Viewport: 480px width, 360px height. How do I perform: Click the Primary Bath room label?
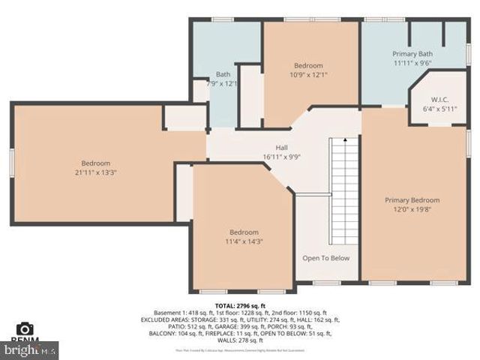click(x=413, y=54)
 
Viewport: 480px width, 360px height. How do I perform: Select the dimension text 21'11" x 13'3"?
click(x=96, y=172)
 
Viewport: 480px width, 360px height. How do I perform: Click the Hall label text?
click(x=281, y=147)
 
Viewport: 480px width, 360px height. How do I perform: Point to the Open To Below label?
click(x=325, y=258)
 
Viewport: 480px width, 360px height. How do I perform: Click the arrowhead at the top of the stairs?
click(x=344, y=139)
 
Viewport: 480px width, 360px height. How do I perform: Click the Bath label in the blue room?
click(x=223, y=74)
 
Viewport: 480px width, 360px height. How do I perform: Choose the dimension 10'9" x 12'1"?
click(x=308, y=75)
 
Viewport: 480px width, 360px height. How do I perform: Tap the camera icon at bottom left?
click(x=25, y=328)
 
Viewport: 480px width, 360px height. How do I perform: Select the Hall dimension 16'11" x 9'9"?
click(x=281, y=157)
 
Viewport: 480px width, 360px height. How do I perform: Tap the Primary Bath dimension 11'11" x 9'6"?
click(x=413, y=64)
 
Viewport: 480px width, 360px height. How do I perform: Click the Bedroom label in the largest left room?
click(x=96, y=163)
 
